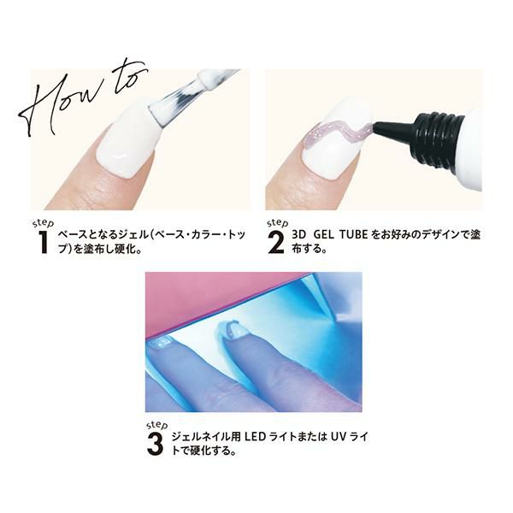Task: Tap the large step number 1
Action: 42,242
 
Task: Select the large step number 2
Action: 276,242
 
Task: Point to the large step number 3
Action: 155,444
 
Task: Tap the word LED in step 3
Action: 255,436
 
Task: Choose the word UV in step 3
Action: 339,436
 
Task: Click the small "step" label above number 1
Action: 44,223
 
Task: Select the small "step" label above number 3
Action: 157,425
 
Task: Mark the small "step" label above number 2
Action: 277,223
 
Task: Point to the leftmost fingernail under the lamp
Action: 160,342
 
